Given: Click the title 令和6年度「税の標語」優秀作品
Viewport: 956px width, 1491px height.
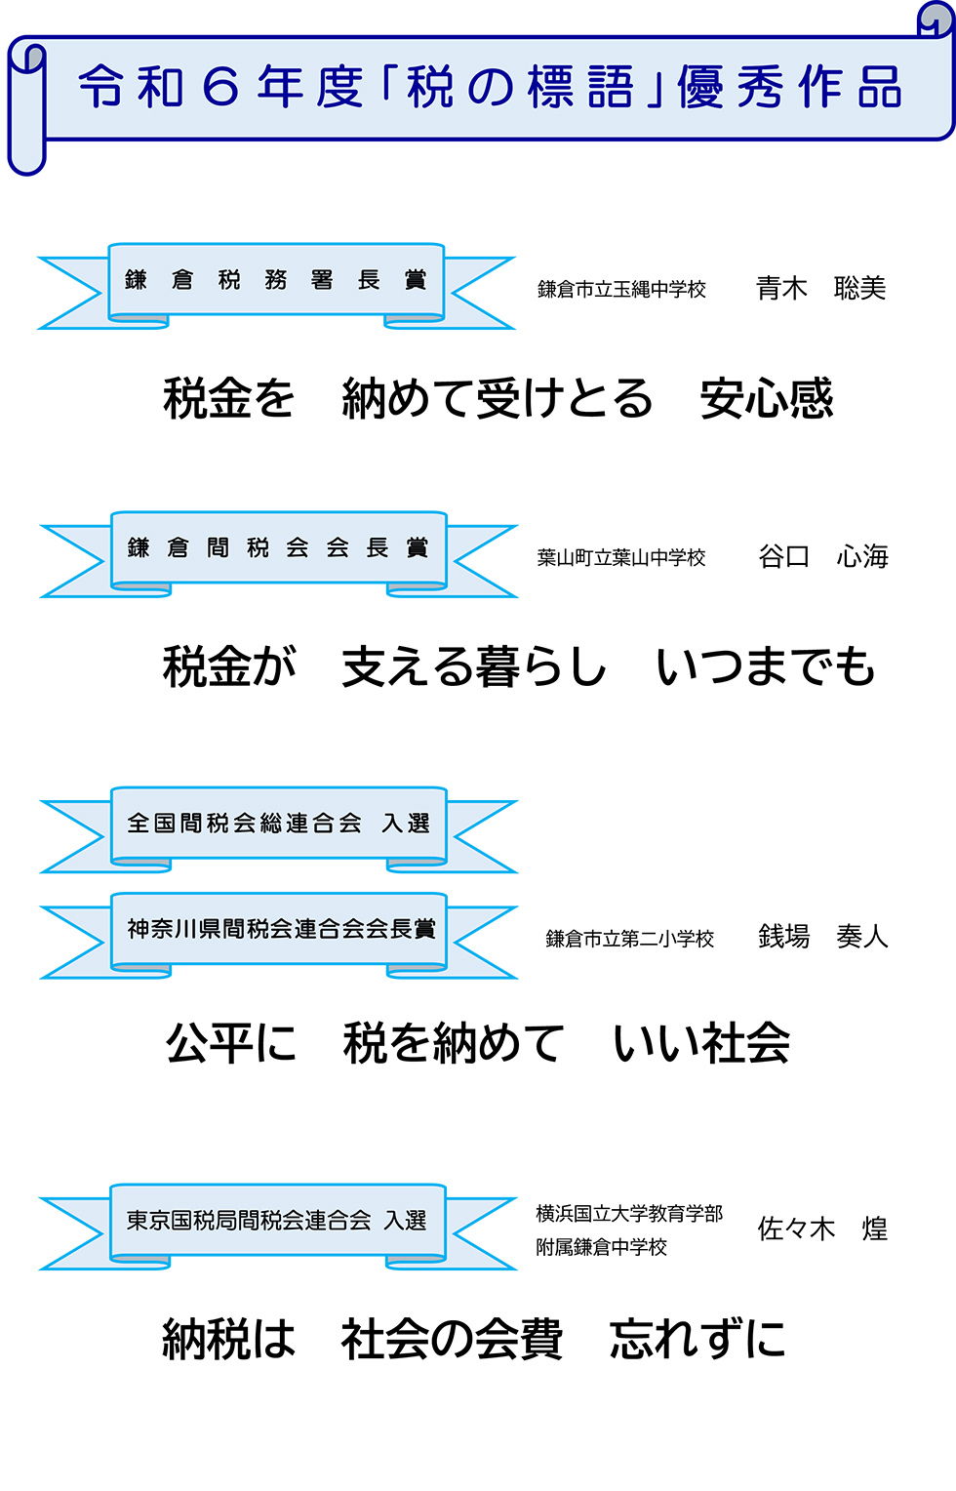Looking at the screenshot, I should coord(490,87).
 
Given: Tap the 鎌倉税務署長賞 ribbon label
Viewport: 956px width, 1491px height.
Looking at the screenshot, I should coord(276,280).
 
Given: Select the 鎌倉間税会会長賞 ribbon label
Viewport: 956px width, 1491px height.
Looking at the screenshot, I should coord(278,547).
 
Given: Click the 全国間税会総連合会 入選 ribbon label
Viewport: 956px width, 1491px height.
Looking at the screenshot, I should coord(278,824).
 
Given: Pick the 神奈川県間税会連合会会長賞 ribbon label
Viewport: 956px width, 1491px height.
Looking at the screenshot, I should coord(280,929).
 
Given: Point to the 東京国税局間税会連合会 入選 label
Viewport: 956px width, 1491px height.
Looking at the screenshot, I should coord(277,1221).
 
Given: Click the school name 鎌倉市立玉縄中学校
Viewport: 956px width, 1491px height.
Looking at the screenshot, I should coord(621,290).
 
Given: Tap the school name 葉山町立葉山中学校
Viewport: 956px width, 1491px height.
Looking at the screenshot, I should coord(620,558).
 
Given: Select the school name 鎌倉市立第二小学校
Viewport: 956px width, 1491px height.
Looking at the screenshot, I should coord(629,939).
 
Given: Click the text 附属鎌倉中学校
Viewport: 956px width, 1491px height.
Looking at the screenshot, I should coord(601,1247).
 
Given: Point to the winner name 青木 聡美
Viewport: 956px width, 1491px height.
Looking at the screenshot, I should coord(820,289).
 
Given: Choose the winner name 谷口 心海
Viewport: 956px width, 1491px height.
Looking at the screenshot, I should coord(822,557).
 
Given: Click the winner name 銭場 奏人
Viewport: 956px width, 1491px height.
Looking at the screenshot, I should coord(822,937).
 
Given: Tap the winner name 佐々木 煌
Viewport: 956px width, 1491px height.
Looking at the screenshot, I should coord(822,1229).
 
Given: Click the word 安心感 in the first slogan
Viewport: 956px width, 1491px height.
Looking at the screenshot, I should coord(767,399).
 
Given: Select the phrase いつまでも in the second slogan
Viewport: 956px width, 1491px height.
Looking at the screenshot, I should coord(766,667).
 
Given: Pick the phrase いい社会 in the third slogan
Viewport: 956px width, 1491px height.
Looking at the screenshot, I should coord(701,1043).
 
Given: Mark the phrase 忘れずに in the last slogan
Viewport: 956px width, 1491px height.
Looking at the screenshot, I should coord(697,1339).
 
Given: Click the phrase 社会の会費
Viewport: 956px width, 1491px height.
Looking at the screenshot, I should coord(452,1339).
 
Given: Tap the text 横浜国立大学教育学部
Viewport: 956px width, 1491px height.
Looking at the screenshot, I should coord(629,1214).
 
